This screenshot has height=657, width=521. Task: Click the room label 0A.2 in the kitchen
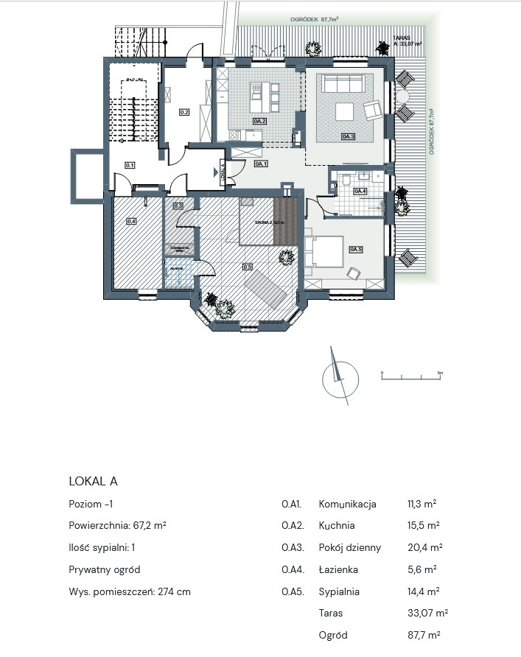point(259,120)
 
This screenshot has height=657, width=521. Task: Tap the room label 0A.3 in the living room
point(348,136)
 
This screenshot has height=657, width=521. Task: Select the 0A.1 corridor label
point(261,164)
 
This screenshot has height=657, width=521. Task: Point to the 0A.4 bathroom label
point(360,192)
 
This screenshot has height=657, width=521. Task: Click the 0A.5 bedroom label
point(357,248)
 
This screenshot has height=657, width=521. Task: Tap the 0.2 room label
point(184,113)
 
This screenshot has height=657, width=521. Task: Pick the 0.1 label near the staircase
point(130,166)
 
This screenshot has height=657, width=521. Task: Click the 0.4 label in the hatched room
point(131,220)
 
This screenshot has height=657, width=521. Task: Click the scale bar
point(410,377)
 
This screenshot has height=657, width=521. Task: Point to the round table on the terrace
point(402,96)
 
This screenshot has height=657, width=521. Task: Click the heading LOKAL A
point(93,481)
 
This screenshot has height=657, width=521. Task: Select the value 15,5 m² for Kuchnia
point(423,526)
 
